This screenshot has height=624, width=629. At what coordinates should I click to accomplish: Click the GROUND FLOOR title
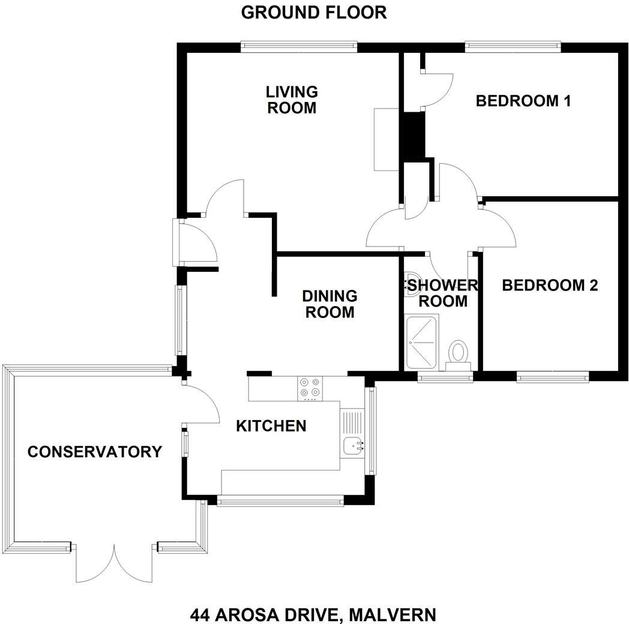[314, 12]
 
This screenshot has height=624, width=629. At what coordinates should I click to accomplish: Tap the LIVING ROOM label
[292, 100]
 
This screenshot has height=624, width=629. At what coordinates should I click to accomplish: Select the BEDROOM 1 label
[523, 101]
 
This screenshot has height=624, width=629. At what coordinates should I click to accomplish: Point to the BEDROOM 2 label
[550, 285]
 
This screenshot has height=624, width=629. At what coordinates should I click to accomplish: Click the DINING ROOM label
[330, 304]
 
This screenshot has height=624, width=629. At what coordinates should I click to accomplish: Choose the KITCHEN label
[271, 426]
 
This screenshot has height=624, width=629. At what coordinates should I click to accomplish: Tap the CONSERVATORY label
[95, 452]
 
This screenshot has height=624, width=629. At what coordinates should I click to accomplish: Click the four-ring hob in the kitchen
[310, 388]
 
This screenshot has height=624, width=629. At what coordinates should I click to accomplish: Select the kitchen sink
[353, 446]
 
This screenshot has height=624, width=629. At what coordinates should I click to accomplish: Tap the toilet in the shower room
[459, 352]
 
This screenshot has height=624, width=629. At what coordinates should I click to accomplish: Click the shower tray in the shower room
[423, 342]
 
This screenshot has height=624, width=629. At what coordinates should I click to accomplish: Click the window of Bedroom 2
[552, 377]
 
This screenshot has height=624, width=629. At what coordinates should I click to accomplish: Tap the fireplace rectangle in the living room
[387, 139]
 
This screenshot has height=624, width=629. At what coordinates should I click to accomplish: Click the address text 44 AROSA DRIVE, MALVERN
[313, 615]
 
